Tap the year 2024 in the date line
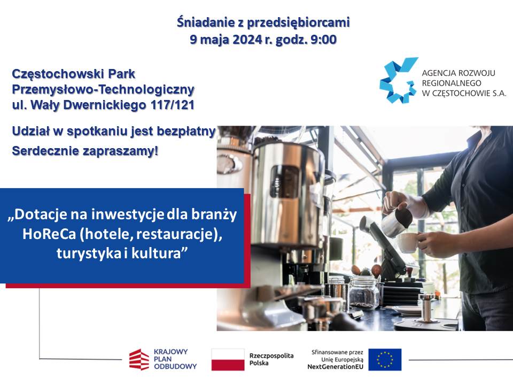pos(247,40)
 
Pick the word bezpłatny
pos(186,132)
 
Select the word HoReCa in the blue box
pos(49,234)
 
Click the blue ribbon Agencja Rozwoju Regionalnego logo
pos(399,80)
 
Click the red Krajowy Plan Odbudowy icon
pos(139,359)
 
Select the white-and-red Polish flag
pos(228,359)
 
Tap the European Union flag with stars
pos(385,359)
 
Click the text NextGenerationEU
pos(336,367)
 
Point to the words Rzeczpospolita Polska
pos(271,359)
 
